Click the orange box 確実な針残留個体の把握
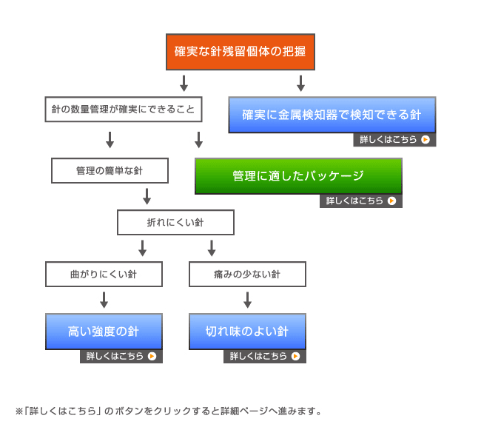point(240,52)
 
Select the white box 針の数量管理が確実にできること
point(123,109)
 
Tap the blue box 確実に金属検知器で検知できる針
point(332,115)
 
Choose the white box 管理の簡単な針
point(110,170)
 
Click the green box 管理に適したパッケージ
point(298,176)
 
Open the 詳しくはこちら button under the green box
point(360,201)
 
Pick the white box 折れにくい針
point(175,223)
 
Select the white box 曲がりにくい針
point(104,275)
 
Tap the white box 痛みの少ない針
point(247,275)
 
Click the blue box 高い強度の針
point(104,331)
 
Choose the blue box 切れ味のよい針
point(247,331)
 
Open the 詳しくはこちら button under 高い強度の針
point(121,356)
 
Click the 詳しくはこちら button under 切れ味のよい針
point(264,356)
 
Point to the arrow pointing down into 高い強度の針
point(104,300)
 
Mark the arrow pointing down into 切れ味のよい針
point(247,300)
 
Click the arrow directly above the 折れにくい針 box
point(147,196)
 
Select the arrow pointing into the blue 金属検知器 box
point(300,81)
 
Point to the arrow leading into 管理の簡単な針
point(110,139)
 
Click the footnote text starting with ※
point(169,410)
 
